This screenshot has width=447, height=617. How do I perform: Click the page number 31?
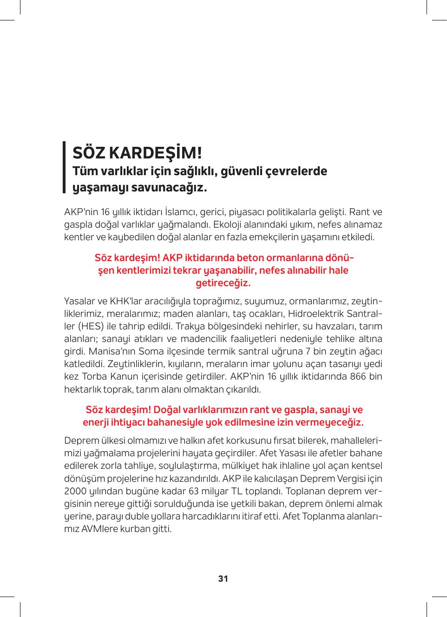(223, 579)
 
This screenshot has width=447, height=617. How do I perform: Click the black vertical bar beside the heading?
(65, 167)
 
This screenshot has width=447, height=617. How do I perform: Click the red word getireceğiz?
(223, 282)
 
